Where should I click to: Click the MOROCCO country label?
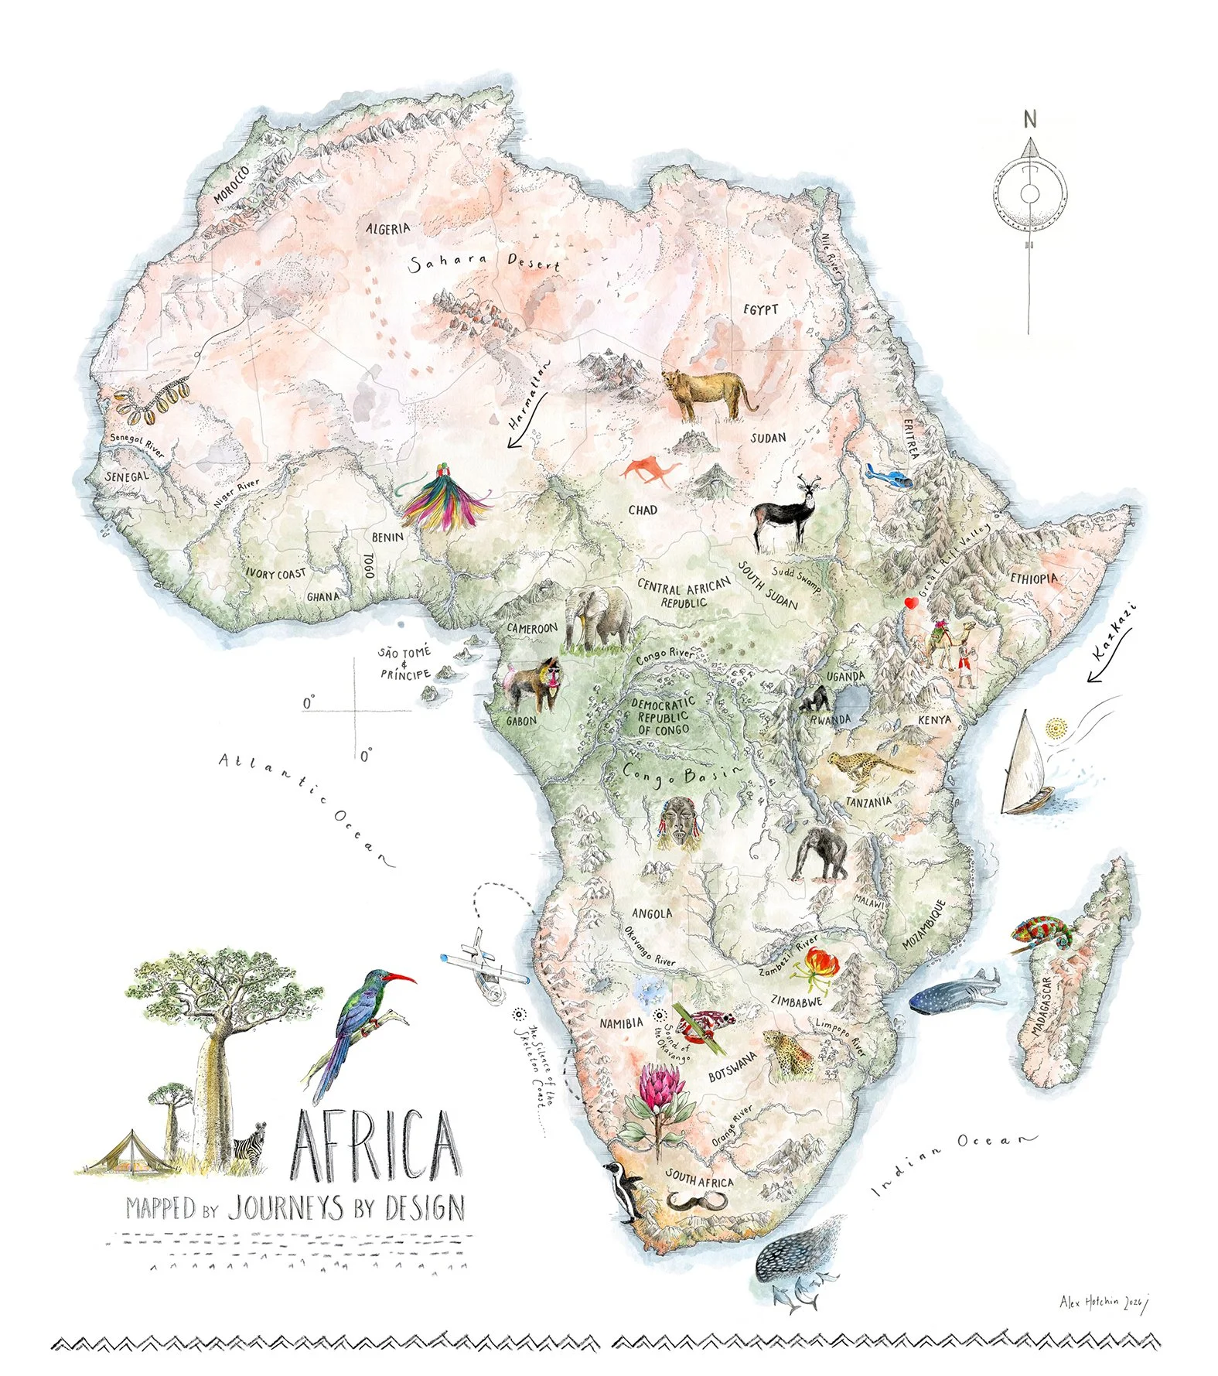pos(231,184)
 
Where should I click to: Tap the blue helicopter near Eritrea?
pos(889,476)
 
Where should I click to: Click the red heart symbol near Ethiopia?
pos(912,603)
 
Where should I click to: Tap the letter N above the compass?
pos(1029,119)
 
